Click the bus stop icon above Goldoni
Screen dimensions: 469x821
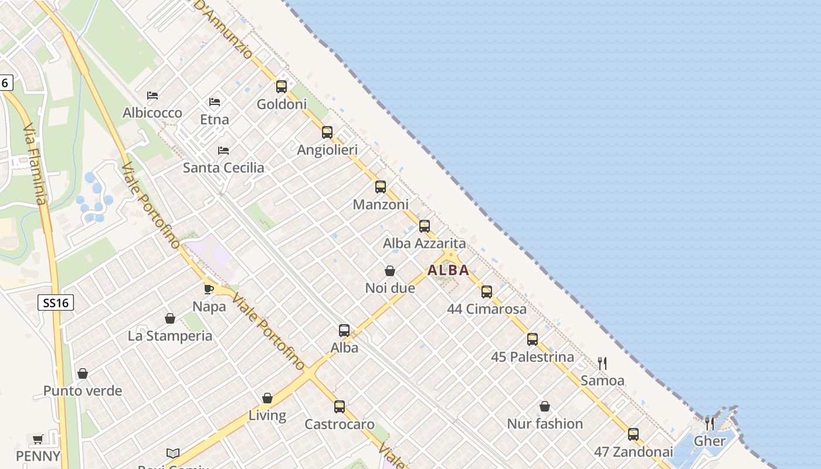pyautogui.click(x=281, y=87)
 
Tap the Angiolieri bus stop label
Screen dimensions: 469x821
pyautogui.click(x=327, y=150)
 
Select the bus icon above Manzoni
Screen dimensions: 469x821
pyautogui.click(x=381, y=187)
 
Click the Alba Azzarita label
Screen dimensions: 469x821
pyautogui.click(x=424, y=243)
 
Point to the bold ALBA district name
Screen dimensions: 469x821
pyautogui.click(x=448, y=270)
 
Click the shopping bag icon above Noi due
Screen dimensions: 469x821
pyautogui.click(x=390, y=271)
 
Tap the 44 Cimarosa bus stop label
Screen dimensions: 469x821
pyautogui.click(x=487, y=309)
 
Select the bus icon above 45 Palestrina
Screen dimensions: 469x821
pyautogui.click(x=532, y=339)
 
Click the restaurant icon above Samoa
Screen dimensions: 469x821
pyautogui.click(x=602, y=363)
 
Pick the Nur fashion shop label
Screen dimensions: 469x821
pyautogui.click(x=545, y=424)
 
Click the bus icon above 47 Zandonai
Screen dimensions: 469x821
pyautogui.click(x=633, y=434)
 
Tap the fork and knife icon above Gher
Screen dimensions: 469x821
pyautogui.click(x=710, y=423)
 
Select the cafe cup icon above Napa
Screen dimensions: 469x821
pyautogui.click(x=209, y=289)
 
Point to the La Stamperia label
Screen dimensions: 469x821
pyautogui.click(x=170, y=336)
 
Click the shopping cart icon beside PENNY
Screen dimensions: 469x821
pyautogui.click(x=38, y=439)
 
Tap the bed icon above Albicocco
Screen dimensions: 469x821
pyautogui.click(x=152, y=95)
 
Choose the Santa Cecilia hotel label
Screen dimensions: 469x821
pyautogui.click(x=223, y=168)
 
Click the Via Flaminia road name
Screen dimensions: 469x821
pyautogui.click(x=34, y=164)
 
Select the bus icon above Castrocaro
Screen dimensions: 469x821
pyautogui.click(x=340, y=406)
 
